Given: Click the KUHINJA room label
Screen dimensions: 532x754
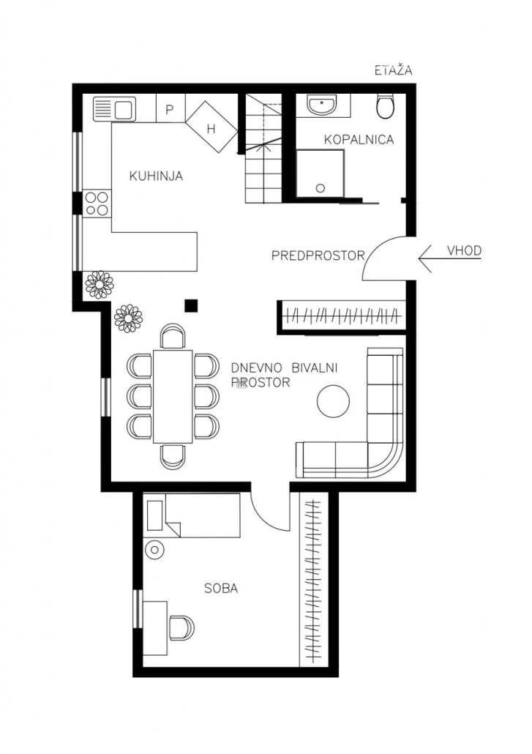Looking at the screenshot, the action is pos(156,176).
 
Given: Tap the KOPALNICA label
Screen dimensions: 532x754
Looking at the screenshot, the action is pos(359,139).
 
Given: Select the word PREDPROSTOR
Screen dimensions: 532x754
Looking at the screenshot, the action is pos(318,255).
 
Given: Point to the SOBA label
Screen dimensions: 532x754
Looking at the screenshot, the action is pos(221,588).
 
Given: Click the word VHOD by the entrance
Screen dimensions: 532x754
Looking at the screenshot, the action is pos(464,250).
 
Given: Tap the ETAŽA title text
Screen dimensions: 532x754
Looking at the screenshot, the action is pos(394,70).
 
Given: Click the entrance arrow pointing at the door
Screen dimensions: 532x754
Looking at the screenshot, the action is pos(450,258).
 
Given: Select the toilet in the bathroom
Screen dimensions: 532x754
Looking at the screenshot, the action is pos(385,106).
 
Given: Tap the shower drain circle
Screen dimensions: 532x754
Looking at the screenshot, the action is pos(321,189).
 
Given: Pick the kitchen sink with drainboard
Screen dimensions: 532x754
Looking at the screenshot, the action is pos(114,108).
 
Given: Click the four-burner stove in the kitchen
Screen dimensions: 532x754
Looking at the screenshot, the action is pos(97,204).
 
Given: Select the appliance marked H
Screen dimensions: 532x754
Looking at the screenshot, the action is pos(211,127).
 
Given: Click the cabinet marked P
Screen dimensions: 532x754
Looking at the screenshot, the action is pos(170,108).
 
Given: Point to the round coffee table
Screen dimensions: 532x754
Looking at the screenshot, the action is pos(333,401).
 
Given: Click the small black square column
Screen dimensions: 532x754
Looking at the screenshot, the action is pos(192,305).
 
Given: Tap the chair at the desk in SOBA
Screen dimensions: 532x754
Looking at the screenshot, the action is pos(181,627).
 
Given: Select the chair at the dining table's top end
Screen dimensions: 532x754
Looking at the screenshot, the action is pos(173,336).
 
